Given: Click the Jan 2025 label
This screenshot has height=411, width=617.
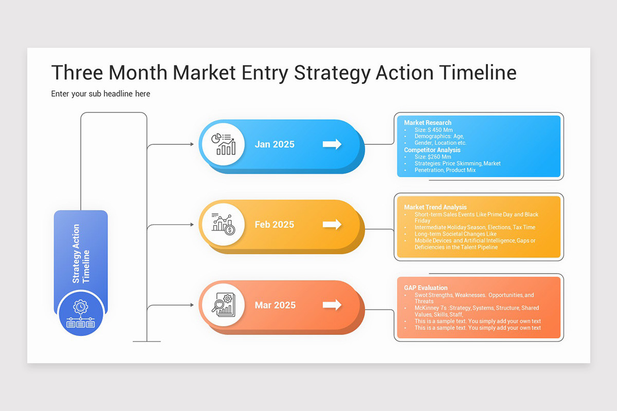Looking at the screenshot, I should (275, 144).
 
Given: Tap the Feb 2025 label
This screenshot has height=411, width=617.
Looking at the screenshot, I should (275, 225).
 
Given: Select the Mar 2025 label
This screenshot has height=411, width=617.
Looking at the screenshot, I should (275, 305).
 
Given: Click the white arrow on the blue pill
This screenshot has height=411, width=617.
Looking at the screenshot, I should (332, 144).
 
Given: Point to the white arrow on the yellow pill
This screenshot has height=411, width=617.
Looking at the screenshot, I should (332, 225).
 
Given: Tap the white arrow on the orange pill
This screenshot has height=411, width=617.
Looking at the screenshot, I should (332, 305).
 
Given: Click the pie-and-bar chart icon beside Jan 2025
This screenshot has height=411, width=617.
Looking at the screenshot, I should (223, 144).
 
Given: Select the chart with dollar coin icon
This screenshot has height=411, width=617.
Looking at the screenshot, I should (223, 225).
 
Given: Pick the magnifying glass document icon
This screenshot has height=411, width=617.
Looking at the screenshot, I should (223, 305).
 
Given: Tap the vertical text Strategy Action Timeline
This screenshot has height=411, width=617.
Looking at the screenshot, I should (81, 253).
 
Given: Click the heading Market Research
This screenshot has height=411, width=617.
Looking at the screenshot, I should (427, 123).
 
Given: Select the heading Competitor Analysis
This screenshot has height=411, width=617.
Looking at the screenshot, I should (432, 150).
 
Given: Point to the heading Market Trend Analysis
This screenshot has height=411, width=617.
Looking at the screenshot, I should (435, 208).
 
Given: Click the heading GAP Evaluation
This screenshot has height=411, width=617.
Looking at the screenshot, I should (426, 288).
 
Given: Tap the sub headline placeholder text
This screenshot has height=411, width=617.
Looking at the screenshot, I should (100, 94).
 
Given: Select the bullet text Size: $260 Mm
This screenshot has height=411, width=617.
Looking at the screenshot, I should (432, 157).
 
